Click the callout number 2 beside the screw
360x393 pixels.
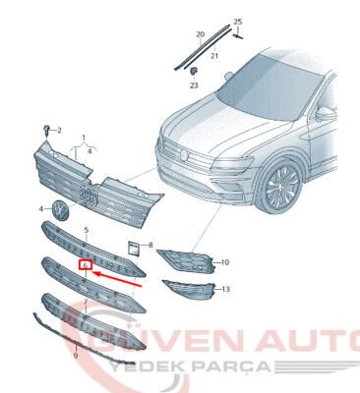point(58,131)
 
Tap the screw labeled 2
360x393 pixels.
point(45,130)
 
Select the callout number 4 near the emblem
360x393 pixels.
point(41,209)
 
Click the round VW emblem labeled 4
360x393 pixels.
point(58,210)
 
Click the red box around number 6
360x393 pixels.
point(85,264)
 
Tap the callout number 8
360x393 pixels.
point(150,243)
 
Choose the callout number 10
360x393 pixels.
point(224,262)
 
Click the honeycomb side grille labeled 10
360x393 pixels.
point(188,259)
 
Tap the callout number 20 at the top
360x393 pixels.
point(200,34)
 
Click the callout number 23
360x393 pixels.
point(194,86)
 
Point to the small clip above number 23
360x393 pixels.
point(195,72)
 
